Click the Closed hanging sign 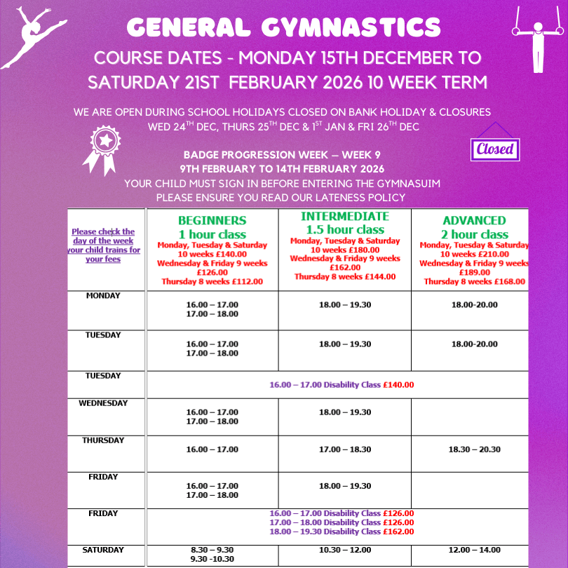(496, 148)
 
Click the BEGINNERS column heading (212, 220)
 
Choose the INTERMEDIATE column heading (344, 216)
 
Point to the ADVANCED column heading (474, 220)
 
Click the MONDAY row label (103, 296)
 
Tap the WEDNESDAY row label (103, 403)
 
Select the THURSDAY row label (103, 440)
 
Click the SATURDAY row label (103, 550)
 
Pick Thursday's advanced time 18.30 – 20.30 (474, 449)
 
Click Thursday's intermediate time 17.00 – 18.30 (344, 449)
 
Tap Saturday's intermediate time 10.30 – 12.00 (344, 550)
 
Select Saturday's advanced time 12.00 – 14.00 (474, 550)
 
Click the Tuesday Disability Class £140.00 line (342, 385)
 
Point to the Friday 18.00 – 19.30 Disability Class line (342, 532)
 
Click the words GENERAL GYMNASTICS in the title (284, 28)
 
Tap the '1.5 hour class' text (344, 229)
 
